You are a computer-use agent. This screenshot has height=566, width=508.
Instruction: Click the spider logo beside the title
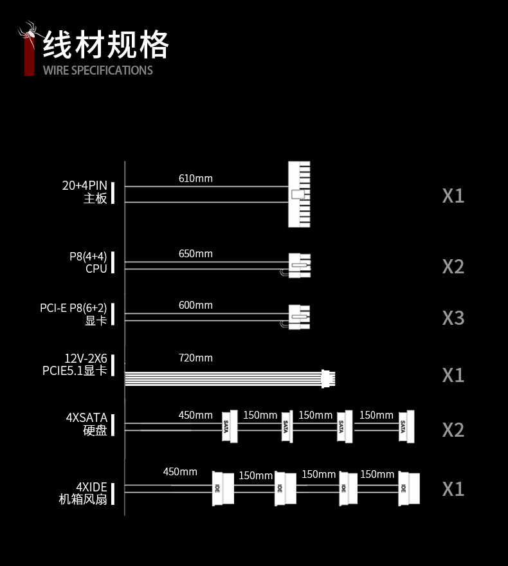[x=28, y=33]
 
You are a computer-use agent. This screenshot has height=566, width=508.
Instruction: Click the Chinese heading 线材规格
[x=105, y=45]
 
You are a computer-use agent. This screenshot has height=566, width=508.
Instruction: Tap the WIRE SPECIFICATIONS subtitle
[x=98, y=70]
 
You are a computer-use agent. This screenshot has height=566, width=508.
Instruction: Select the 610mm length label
[x=195, y=178]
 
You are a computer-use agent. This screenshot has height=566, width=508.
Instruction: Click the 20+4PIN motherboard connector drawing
[x=299, y=194]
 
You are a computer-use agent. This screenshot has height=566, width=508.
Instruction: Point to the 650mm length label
[x=195, y=254]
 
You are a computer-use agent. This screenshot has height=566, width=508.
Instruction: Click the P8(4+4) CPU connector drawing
[x=300, y=265]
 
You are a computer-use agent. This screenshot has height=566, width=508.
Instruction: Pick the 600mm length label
[x=195, y=306]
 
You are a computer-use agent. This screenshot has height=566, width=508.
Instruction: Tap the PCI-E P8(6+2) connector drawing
[x=299, y=317]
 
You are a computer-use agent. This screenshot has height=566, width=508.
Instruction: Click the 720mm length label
[x=195, y=358]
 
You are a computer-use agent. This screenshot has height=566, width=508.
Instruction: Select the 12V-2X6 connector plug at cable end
[x=328, y=379]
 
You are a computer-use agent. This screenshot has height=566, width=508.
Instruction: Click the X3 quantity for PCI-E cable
[x=453, y=318]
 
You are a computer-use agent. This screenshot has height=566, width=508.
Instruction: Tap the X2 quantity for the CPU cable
[x=453, y=267]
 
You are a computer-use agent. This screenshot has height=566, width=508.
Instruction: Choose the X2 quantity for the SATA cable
[x=453, y=430]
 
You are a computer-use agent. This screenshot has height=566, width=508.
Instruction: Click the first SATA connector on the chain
[x=230, y=426]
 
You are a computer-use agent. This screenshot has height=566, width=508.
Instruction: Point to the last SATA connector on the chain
[x=406, y=426]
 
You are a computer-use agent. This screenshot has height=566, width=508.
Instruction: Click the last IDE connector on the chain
[x=409, y=489]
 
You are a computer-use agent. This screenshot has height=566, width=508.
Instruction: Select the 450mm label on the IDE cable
[x=180, y=472]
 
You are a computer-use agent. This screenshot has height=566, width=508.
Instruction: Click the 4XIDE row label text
[x=83, y=493]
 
